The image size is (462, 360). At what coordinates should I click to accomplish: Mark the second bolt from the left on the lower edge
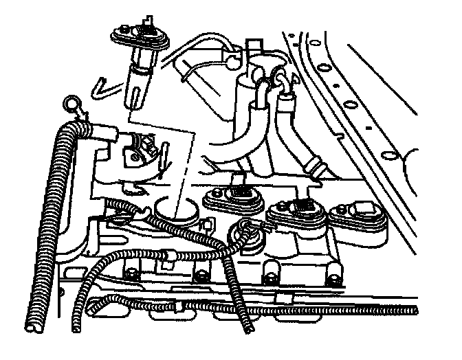[200, 277]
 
